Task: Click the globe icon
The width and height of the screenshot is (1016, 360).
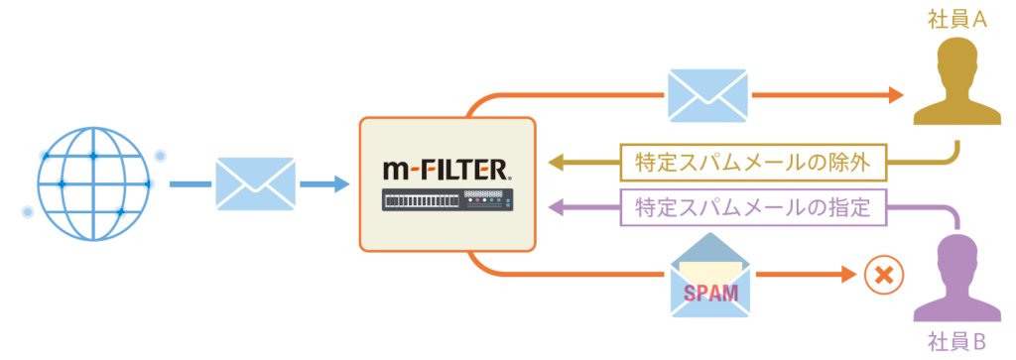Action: click(x=93, y=184)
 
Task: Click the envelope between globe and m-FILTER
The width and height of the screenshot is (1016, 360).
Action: click(x=255, y=184)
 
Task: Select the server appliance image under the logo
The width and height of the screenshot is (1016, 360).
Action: click(x=446, y=201)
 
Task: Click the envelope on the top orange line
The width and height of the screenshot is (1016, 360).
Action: click(x=707, y=96)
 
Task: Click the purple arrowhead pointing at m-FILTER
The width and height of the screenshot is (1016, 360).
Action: click(x=558, y=208)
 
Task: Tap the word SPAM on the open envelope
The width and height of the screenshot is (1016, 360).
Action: click(x=710, y=292)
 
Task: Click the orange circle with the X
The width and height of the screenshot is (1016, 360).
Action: click(x=879, y=275)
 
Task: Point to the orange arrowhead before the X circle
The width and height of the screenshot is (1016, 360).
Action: click(x=845, y=275)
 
